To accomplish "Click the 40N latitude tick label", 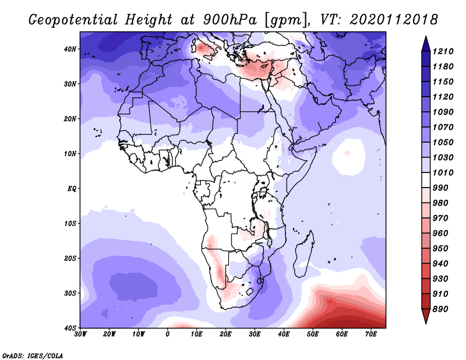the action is (70, 49).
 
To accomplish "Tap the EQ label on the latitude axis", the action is (72, 189).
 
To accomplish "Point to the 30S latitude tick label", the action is (70, 294).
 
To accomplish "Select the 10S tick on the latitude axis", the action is (70, 224).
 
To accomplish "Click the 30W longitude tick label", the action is (80, 334).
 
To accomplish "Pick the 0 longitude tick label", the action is (168, 334).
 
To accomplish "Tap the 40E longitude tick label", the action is (284, 334).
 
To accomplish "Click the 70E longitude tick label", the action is (371, 334).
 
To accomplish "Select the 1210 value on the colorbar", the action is (443, 51).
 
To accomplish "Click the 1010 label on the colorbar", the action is (443, 172).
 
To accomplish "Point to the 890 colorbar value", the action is (440, 309).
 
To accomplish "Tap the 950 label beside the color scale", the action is (440, 249).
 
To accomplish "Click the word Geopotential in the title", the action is (73, 20).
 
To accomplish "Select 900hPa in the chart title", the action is (230, 20).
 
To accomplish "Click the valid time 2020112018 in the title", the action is (394, 20).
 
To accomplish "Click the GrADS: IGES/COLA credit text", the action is (33, 355).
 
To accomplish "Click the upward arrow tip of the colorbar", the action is (426, 37).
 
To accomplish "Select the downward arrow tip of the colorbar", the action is (426, 323).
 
